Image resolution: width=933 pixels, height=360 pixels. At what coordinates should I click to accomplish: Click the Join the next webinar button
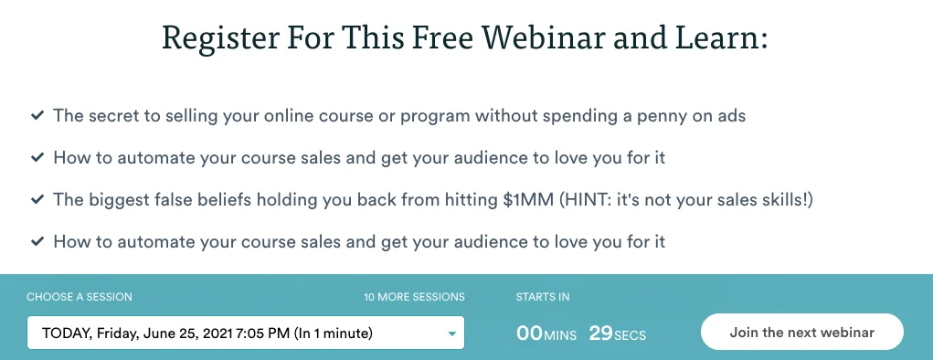coord(801,333)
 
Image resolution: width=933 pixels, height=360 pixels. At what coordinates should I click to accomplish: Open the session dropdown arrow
coord(451,334)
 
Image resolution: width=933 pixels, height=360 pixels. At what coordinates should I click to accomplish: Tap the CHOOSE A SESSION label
coord(80,297)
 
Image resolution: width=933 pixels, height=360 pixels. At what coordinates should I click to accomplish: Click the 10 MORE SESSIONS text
coord(414,297)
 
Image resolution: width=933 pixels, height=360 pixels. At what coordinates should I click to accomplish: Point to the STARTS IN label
coord(543,297)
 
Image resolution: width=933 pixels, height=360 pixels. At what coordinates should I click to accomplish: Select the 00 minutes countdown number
coord(530,334)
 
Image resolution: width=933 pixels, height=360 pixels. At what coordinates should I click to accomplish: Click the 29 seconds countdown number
coord(600,334)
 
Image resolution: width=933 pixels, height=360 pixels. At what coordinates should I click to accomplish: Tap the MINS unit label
coord(561,336)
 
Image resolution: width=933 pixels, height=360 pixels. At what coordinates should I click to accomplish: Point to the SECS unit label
coord(631,336)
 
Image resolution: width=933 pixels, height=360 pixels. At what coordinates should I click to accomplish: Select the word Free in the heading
coord(435,37)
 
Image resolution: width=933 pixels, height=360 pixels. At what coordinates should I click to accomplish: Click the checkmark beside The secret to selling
coord(37,116)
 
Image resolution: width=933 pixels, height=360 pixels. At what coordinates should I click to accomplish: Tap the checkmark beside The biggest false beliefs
coord(37,200)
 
